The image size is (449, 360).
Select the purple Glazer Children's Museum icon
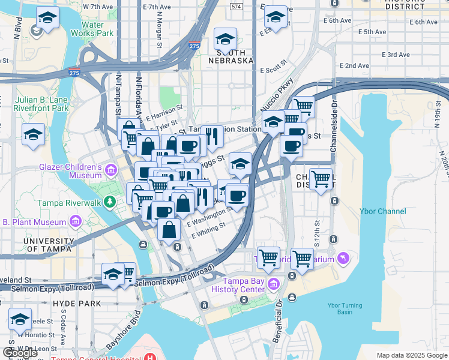coord(110,171)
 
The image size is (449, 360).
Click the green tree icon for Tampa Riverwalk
coord(109,201)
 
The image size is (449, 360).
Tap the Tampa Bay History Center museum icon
coord(273,283)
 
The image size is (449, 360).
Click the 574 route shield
coord(237,6)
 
